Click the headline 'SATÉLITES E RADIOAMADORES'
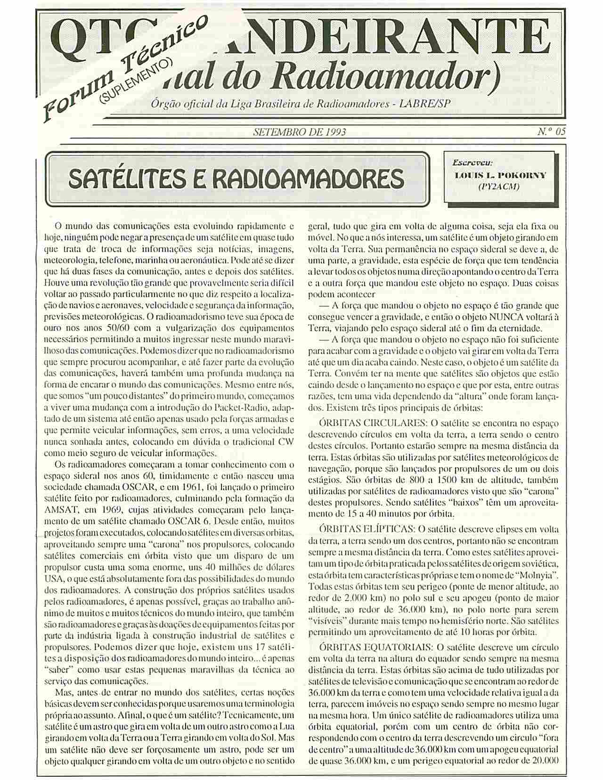[x=236, y=179]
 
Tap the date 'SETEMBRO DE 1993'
[x=300, y=132]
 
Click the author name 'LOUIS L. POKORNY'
[x=500, y=175]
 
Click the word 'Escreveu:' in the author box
[x=472, y=163]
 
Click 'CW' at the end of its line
[x=287, y=442]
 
